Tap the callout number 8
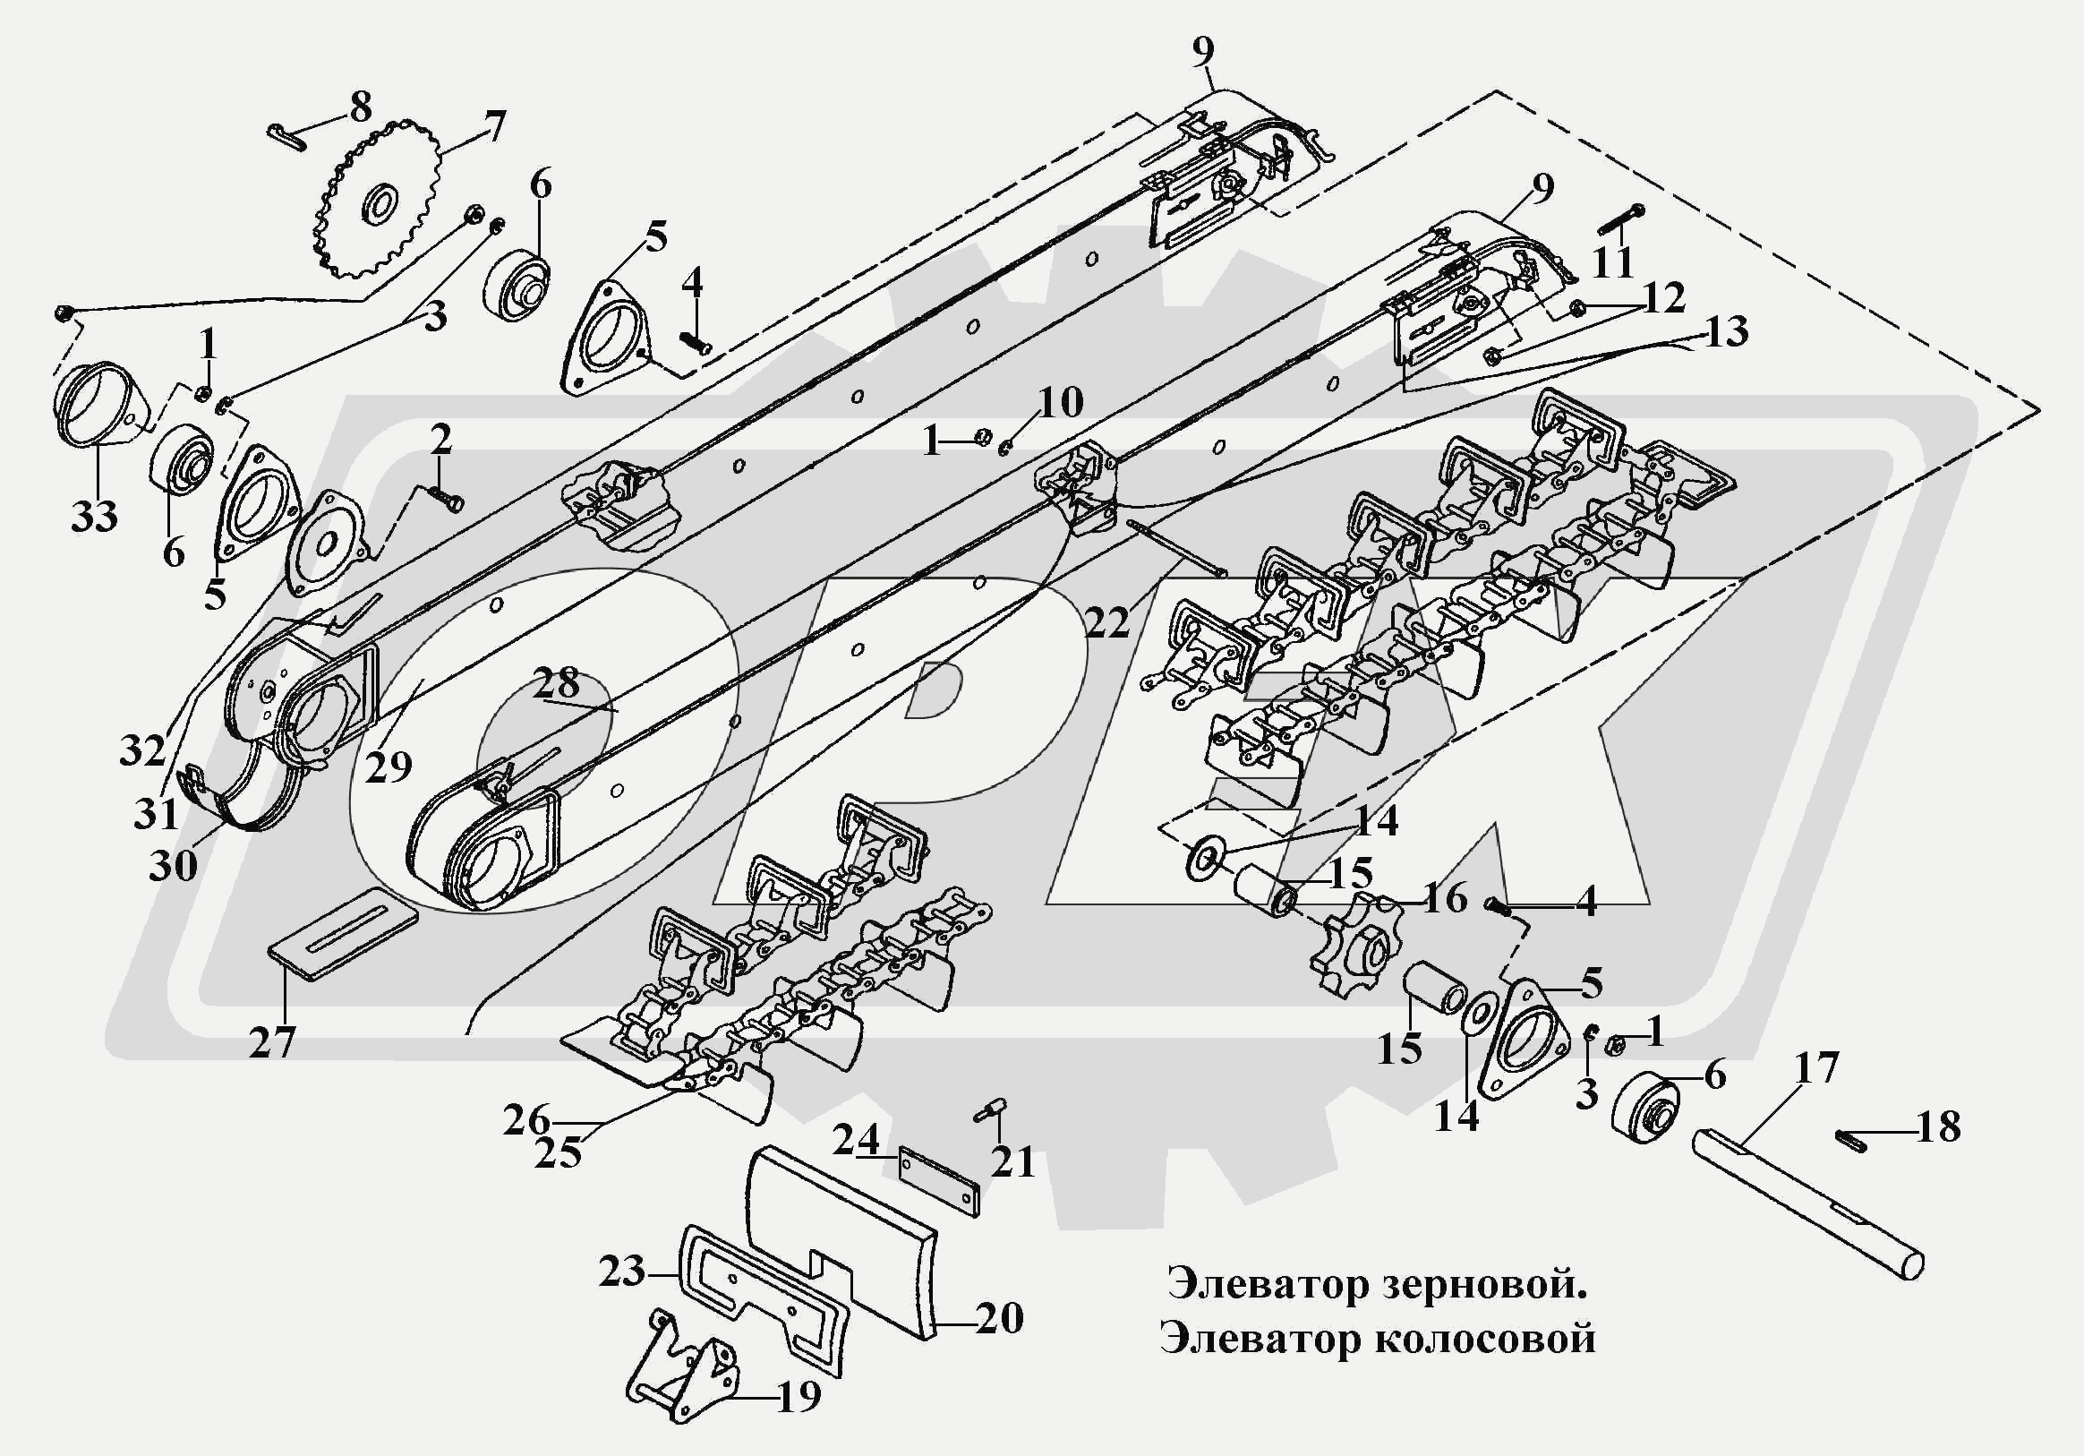pos(361,109)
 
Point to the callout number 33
pos(94,517)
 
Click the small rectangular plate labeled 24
pos(938,1180)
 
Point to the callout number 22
pos(1106,621)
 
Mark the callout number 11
pos(1613,261)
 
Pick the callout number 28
pos(556,681)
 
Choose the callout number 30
pos(173,865)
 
